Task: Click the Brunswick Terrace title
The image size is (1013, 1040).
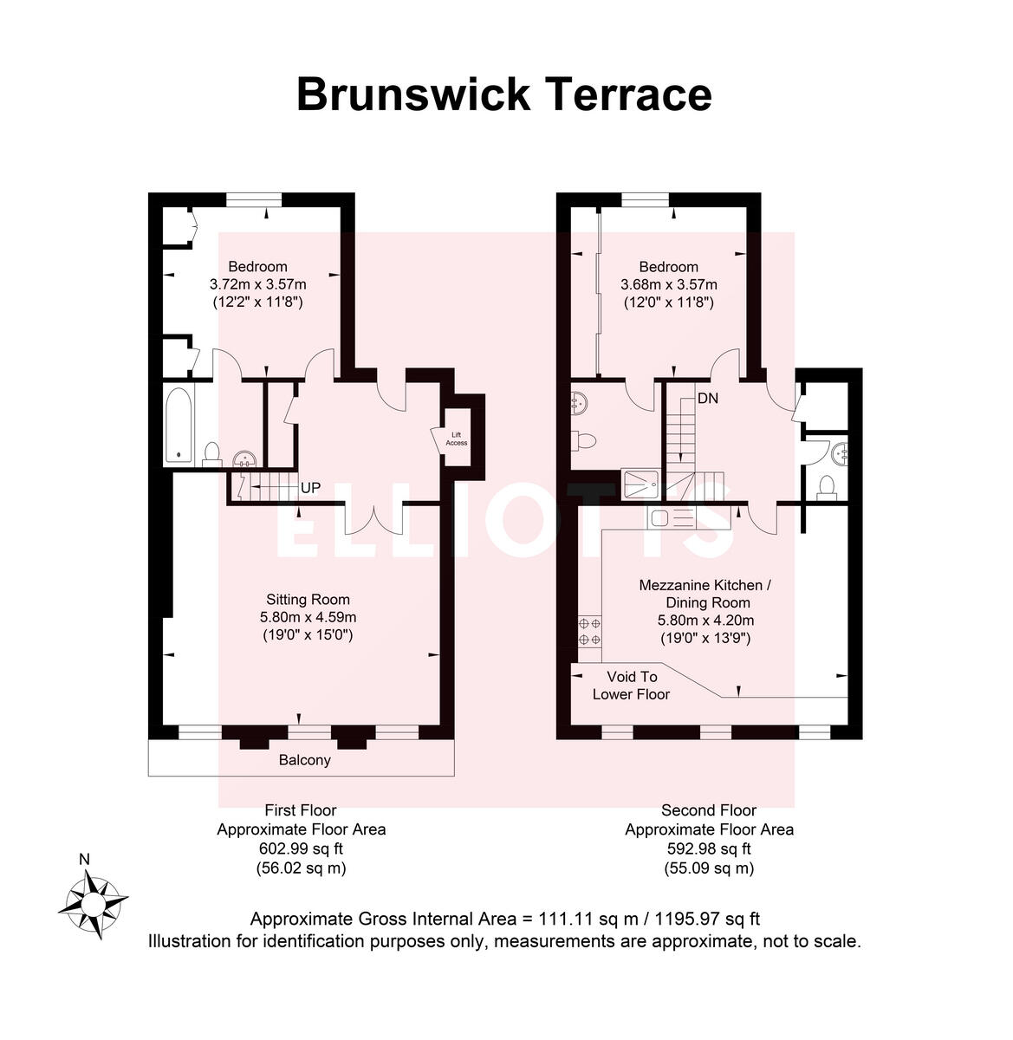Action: click(x=504, y=94)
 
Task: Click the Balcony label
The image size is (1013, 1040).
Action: click(x=304, y=761)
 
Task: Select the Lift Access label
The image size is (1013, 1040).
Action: click(x=456, y=439)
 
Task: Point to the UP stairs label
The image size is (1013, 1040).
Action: click(x=310, y=489)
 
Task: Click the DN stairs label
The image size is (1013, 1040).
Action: click(x=708, y=399)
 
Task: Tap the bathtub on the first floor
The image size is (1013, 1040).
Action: click(x=179, y=424)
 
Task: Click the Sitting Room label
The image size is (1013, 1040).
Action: click(x=308, y=599)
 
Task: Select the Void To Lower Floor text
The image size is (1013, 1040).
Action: click(x=631, y=685)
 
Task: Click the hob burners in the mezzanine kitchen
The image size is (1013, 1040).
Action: click(x=590, y=631)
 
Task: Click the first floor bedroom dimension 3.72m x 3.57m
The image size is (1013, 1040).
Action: click(x=257, y=284)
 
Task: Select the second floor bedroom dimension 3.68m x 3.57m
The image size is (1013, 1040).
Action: click(x=668, y=284)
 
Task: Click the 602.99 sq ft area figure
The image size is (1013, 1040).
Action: click(x=301, y=848)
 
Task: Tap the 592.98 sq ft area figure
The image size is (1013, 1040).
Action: click(x=709, y=848)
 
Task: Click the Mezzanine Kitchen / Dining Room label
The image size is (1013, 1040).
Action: click(x=705, y=594)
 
